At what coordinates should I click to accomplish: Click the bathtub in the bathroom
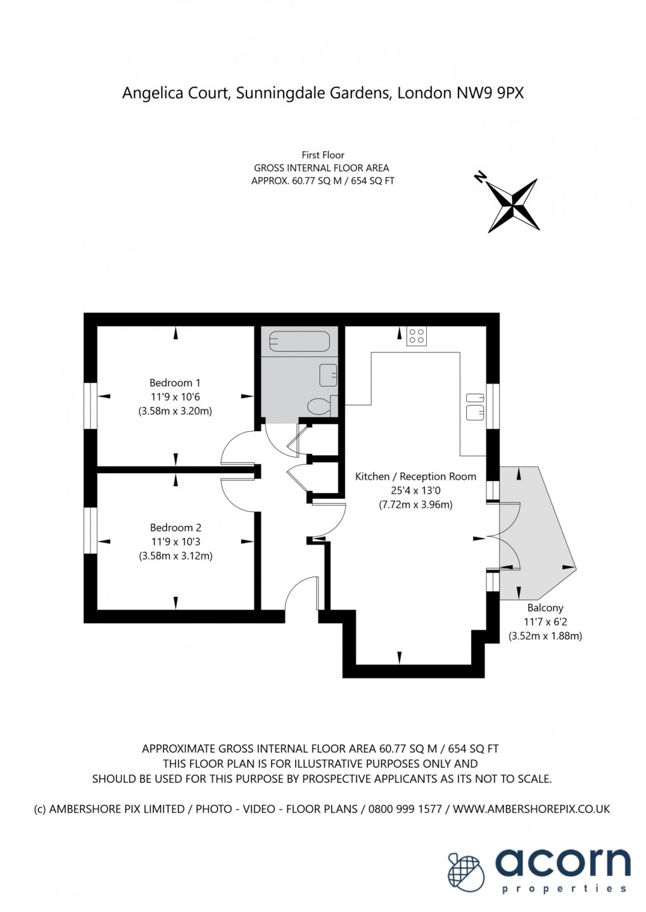299,342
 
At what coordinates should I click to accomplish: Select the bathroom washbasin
328,374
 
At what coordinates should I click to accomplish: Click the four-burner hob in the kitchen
416,335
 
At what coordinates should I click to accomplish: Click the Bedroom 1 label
175,383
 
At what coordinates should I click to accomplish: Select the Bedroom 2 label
175,527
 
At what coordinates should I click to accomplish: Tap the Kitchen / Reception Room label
415,477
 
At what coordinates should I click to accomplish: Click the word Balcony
545,608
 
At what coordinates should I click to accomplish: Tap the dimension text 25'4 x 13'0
415,490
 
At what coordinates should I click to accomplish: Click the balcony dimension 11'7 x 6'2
545,622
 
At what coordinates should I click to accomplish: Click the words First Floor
323,154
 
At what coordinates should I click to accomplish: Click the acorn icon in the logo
466,871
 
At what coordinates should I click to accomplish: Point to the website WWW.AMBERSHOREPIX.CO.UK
531,809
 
